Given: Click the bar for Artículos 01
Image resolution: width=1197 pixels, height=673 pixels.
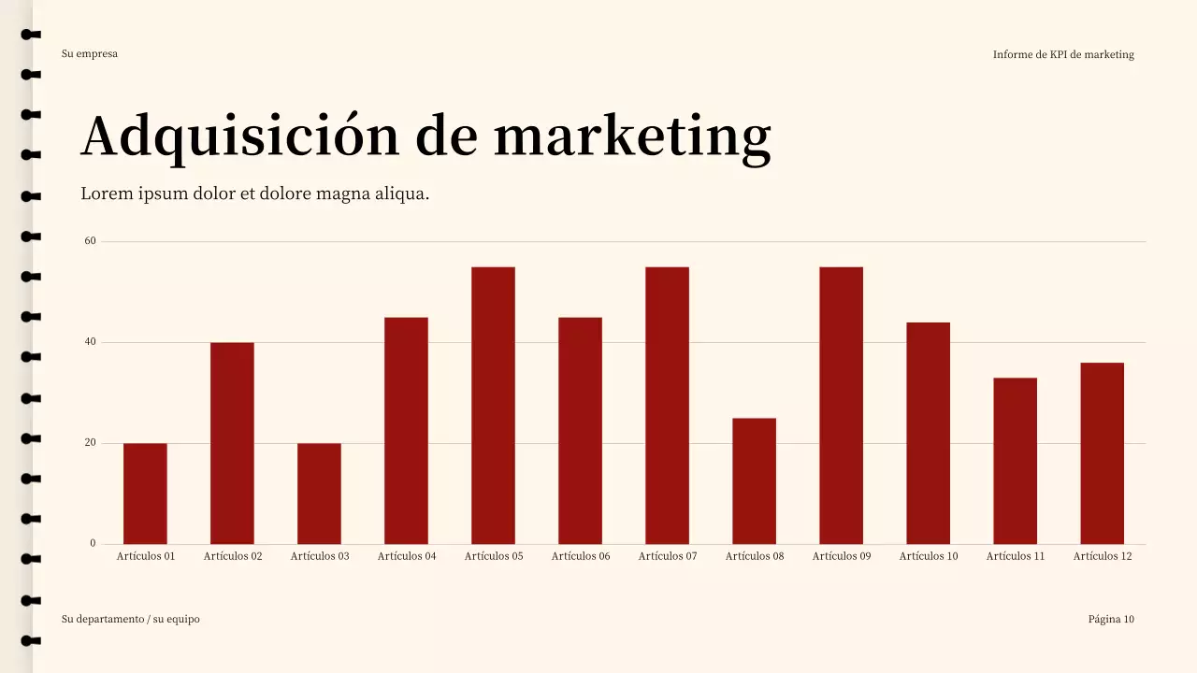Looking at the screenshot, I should [145, 494].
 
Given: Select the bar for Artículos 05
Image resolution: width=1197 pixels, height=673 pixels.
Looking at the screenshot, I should [493, 406].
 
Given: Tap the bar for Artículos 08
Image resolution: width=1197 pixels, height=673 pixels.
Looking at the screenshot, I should [754, 480].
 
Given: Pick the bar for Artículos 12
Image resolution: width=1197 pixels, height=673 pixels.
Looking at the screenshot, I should [1102, 453].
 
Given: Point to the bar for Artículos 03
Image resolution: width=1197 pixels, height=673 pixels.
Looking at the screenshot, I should [319, 494].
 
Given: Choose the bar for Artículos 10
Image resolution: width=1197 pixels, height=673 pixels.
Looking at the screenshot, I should [928, 433].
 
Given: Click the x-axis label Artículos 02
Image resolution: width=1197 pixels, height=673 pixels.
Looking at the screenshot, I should [233, 556].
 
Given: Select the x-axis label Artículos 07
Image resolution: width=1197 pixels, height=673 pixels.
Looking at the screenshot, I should [668, 556].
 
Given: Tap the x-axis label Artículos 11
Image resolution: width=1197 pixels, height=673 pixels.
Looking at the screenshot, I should [1016, 556].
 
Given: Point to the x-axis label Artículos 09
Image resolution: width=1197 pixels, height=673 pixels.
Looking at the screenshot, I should [842, 556].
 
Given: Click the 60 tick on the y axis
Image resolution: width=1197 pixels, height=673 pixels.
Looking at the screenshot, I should [91, 241].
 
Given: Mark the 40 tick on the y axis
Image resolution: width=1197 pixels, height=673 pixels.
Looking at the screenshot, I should [91, 342].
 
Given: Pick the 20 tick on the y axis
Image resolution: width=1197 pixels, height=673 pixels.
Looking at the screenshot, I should [91, 443].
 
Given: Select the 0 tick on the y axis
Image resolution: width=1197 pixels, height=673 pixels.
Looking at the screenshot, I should [93, 543].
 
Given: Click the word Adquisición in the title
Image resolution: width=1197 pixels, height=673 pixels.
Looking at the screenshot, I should [240, 136].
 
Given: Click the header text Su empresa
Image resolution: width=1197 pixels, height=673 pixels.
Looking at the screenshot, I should [90, 53].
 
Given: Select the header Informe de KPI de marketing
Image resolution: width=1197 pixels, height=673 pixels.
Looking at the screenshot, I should [1063, 54].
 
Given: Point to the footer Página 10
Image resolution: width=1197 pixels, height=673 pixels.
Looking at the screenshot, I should [1111, 619].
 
